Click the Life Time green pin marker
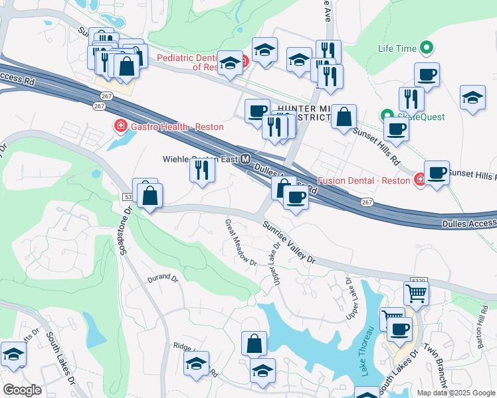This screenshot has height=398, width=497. [427, 48]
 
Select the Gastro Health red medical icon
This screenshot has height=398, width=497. [120, 125]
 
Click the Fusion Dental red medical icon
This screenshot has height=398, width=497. [419, 179]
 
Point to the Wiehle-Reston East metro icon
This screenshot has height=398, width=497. [246, 160]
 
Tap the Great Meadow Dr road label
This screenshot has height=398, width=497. [241, 243]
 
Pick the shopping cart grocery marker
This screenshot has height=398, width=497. [416, 293]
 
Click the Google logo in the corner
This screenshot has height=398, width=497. [22, 390]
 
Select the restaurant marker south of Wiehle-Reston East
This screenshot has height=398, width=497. [202, 170]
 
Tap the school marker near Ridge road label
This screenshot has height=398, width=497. [197, 364]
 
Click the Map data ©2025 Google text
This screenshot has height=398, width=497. [456, 392]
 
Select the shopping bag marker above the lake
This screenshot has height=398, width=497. [254, 343]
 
